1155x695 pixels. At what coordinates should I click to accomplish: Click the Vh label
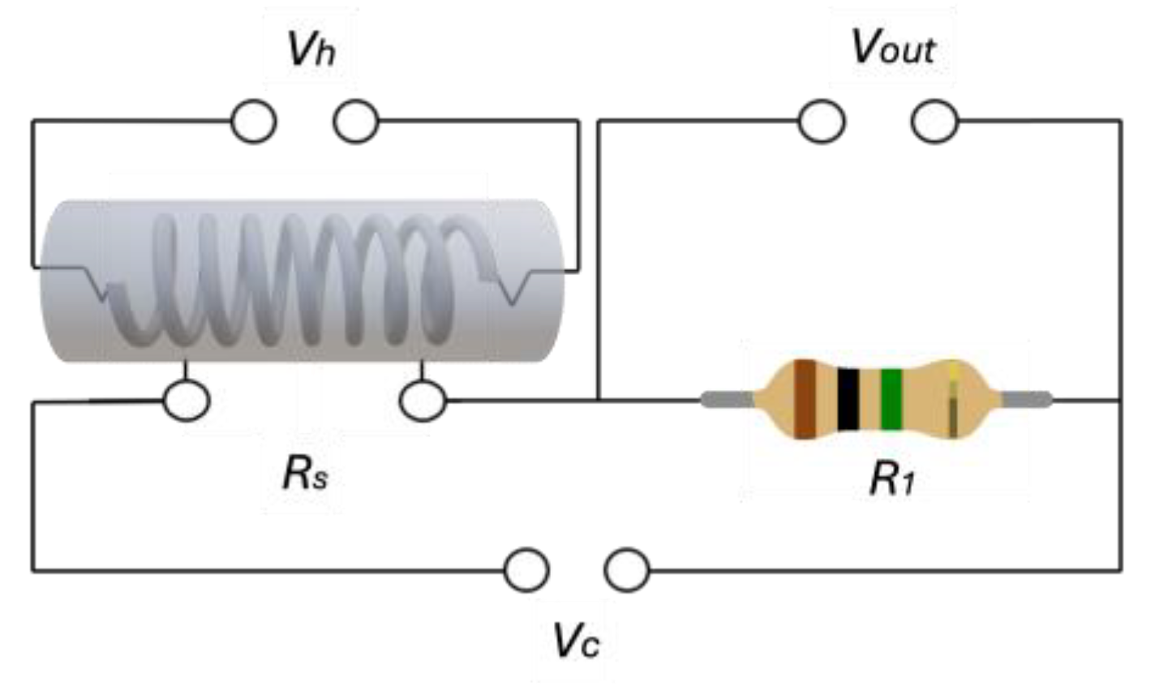pos(311,49)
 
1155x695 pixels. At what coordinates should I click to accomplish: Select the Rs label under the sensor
pos(305,474)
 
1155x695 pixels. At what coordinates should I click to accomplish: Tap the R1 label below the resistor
pos(892,480)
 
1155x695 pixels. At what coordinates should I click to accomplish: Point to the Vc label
pos(577,640)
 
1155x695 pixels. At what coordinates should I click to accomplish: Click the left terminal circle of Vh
pos(254,122)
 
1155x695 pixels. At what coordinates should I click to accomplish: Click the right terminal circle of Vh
pos(356,122)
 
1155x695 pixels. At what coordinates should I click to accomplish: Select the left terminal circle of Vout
pos(822,122)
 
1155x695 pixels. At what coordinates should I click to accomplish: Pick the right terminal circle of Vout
pos(934,122)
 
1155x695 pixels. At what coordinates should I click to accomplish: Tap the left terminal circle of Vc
pos(526,570)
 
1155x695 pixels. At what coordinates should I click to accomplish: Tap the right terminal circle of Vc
pos(627,570)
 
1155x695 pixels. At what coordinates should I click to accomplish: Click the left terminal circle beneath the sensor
pos(187,401)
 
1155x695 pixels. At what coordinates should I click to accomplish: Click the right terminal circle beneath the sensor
pos(423,401)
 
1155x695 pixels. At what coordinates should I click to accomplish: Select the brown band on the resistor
pos(805,399)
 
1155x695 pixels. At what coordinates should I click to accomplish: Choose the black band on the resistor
pos(848,399)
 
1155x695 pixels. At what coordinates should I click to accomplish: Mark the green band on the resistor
pos(891,399)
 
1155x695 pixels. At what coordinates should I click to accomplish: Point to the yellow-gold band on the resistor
pos(953,399)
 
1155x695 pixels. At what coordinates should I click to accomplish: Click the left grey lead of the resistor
pos(726,399)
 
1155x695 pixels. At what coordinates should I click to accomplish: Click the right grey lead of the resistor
pos(1026,399)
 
